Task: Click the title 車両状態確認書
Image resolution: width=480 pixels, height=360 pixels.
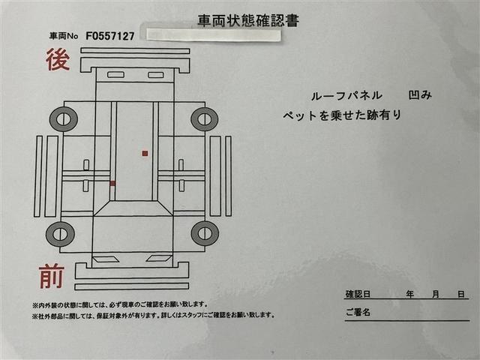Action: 247,20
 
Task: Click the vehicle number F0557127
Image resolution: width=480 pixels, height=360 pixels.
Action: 110,35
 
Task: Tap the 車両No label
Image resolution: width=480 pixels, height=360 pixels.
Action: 64,36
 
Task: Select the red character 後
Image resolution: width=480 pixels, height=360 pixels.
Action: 58,59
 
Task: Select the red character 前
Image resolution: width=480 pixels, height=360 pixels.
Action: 51,278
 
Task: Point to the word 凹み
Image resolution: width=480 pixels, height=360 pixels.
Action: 420,95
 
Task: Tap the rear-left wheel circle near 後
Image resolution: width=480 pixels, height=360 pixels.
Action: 63,118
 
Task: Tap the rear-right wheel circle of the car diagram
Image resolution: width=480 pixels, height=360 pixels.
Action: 204,118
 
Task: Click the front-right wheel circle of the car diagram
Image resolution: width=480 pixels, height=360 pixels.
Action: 205,233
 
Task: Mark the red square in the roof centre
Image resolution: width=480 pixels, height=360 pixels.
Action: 145,153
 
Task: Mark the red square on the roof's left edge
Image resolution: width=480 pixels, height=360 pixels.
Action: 112,183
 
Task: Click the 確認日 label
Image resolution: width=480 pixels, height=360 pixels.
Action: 358,294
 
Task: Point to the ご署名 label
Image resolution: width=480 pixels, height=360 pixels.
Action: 358,311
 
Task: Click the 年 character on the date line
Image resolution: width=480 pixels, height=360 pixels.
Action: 410,294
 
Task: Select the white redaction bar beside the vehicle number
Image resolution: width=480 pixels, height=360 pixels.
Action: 214,34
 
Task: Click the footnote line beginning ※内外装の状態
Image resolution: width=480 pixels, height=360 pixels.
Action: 120,304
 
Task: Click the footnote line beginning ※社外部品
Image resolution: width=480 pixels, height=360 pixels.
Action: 153,315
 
